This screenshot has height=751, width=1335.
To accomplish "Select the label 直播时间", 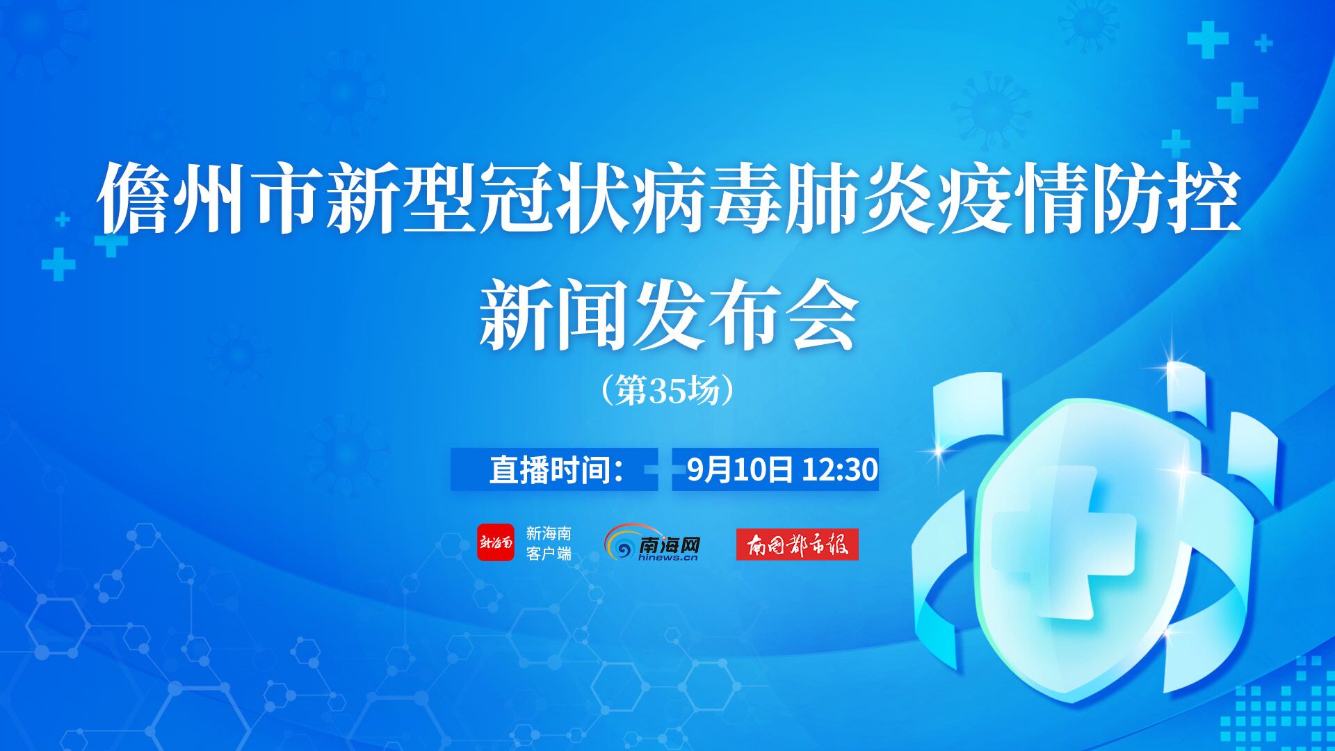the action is tap(549, 470).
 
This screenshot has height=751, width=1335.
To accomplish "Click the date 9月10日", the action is tap(739, 470).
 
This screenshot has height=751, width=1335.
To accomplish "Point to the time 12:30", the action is tap(840, 470).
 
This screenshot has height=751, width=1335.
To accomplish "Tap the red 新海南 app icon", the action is tap(496, 542).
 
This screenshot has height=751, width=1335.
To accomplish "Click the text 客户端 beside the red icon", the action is tap(549, 554).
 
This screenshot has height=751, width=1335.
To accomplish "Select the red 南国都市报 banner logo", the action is tap(798, 544).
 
